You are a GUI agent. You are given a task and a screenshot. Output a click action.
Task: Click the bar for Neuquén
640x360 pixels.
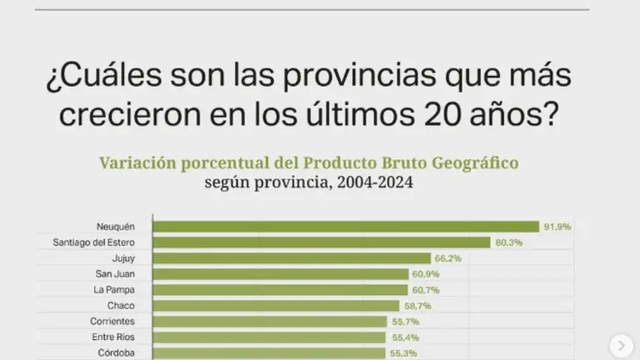tap(346, 227)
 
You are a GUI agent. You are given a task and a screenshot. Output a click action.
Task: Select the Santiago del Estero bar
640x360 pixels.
tap(322, 242)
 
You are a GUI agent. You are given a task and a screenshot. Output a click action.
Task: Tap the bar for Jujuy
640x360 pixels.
tap(292, 258)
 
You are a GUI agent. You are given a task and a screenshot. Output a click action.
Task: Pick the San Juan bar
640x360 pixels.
tap(280, 274)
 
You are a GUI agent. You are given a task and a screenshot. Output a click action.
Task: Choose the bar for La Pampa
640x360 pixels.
tap(279, 290)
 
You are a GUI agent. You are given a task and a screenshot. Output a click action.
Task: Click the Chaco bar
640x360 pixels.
tap(275, 306)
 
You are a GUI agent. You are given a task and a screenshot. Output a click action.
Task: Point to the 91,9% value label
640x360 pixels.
tap(557, 227)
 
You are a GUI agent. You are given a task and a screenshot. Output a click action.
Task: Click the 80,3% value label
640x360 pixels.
tap(507, 242)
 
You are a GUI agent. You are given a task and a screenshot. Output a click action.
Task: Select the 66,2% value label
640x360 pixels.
tap(447, 258)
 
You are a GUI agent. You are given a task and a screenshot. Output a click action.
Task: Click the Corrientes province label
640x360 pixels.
tap(112, 322)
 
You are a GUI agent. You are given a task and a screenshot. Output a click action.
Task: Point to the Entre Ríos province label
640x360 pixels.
tap(113, 337)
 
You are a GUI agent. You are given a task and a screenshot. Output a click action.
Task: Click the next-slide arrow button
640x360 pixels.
tap(621, 344)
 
